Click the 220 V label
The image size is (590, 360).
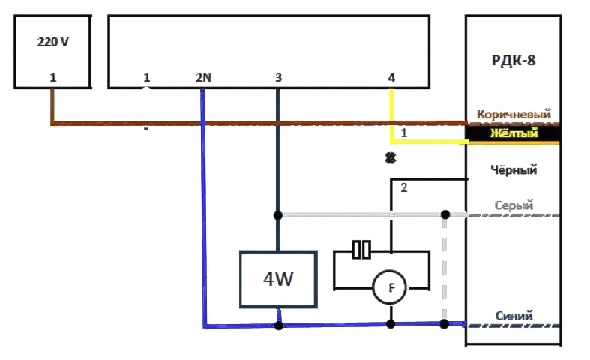[53, 42]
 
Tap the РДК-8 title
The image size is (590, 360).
[514, 60]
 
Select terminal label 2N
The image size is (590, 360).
[204, 77]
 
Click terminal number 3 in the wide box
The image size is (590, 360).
[278, 77]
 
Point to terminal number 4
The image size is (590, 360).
[391, 77]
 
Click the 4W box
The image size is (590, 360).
[278, 279]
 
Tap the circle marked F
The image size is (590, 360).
[390, 288]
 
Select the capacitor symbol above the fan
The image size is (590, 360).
[361, 250]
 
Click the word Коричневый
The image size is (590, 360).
[514, 114]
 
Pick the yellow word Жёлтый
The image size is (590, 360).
[514, 133]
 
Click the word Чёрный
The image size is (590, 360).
[514, 170]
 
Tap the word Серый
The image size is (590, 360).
[514, 205]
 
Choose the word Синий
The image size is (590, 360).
[514, 316]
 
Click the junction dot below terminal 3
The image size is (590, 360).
[277, 215]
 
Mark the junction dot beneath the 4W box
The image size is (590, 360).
[279, 325]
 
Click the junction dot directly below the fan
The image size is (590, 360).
[391, 324]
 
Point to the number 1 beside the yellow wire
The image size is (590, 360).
[404, 133]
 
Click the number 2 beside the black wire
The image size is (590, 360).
[404, 187]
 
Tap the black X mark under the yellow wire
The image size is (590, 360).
[391, 158]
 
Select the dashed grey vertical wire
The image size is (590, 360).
[445, 268]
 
